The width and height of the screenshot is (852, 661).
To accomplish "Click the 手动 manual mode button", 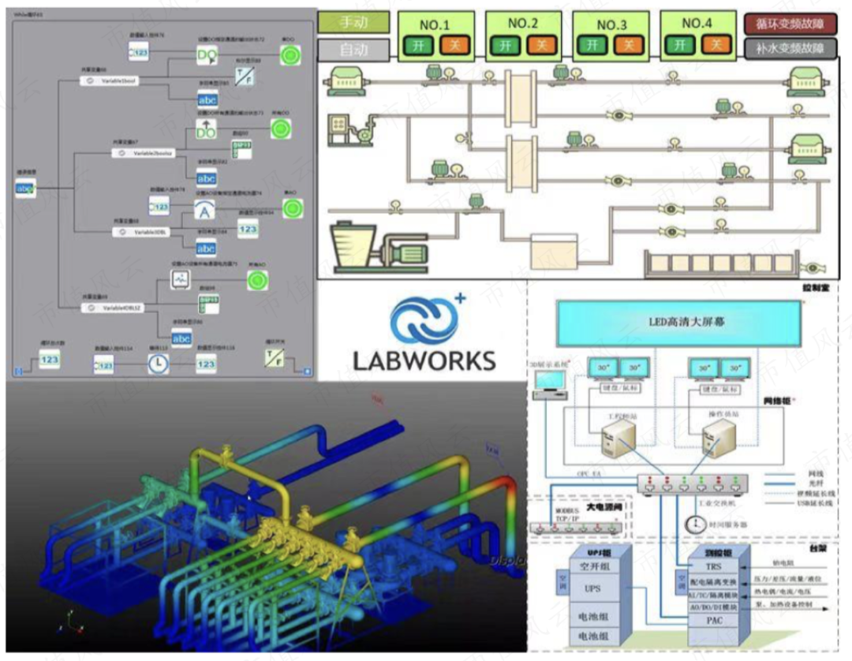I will pos(353,22).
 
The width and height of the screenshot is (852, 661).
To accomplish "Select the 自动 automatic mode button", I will pos(353,50).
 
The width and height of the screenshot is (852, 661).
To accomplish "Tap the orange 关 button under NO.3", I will pos(628,45).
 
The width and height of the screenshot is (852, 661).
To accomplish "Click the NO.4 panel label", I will pos(696,24).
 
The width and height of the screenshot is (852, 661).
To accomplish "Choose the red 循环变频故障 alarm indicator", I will pos(790,23).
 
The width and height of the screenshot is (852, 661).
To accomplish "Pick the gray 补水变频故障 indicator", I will pos(790,49).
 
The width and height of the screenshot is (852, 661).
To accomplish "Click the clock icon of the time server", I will pos(694,524).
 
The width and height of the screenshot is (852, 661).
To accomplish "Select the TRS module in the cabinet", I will pos(712,566).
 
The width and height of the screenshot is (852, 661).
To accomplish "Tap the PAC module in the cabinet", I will pos(712,621).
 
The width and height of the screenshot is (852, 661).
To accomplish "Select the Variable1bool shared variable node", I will pos(119,81).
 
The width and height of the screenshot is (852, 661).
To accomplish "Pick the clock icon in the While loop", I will pos(158,364).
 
